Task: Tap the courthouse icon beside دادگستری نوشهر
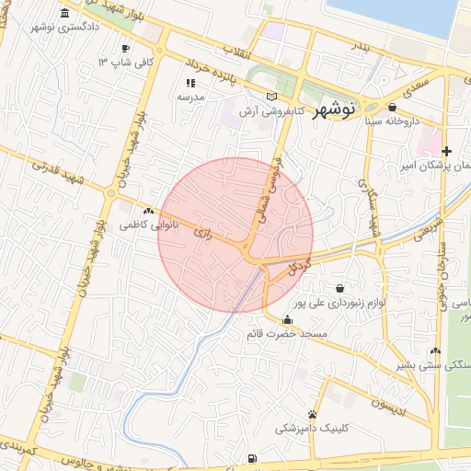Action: click(x=63, y=13)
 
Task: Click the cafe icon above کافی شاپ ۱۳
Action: click(x=125, y=48)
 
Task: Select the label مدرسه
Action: click(x=190, y=96)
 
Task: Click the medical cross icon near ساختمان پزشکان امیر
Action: click(x=446, y=151)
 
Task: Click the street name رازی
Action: click(x=202, y=235)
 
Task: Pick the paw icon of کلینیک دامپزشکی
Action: click(x=313, y=414)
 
